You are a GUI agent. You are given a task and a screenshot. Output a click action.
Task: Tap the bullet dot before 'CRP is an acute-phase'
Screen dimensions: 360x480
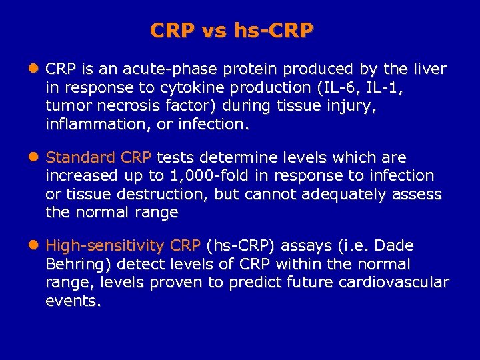tap(35, 69)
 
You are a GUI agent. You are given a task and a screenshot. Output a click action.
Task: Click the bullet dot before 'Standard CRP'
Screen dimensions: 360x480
tap(35, 157)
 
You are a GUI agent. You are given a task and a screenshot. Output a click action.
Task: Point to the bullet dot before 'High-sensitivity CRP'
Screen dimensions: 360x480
tap(35, 245)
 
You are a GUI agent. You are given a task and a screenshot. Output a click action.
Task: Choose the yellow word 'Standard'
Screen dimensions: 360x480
tap(80, 157)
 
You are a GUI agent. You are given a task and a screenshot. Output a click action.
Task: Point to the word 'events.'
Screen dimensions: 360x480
tap(73, 301)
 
